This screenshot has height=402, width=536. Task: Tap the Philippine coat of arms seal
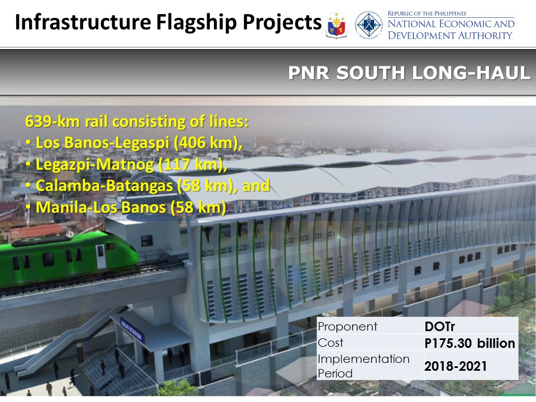(336, 25)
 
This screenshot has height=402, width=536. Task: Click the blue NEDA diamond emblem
(368, 25)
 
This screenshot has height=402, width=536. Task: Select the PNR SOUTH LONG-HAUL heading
(409, 73)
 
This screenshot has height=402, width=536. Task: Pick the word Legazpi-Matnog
(95, 164)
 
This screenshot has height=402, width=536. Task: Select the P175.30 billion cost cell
(470, 343)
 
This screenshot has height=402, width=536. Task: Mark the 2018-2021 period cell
(456, 366)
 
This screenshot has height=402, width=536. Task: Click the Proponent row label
(347, 327)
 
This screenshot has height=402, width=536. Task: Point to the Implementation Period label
(363, 366)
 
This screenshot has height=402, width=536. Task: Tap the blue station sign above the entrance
(132, 330)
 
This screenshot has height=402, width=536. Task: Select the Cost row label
(330, 343)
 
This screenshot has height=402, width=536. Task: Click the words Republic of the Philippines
(427, 13)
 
